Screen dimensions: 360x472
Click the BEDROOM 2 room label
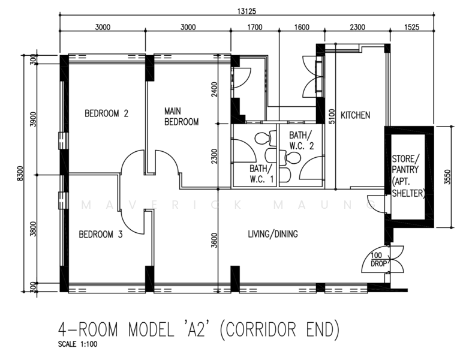coord(107,113)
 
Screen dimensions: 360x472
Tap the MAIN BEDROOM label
coord(182,116)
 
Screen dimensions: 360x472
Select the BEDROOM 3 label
coord(101,235)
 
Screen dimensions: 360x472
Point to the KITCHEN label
coord(355,115)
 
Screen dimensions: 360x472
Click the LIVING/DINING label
coord(273,234)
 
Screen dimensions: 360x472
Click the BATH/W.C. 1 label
coord(261,173)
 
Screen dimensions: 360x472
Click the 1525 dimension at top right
coord(411,27)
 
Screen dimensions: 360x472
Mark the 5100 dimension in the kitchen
coord(331,115)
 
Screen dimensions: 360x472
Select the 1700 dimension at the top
coord(254,27)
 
